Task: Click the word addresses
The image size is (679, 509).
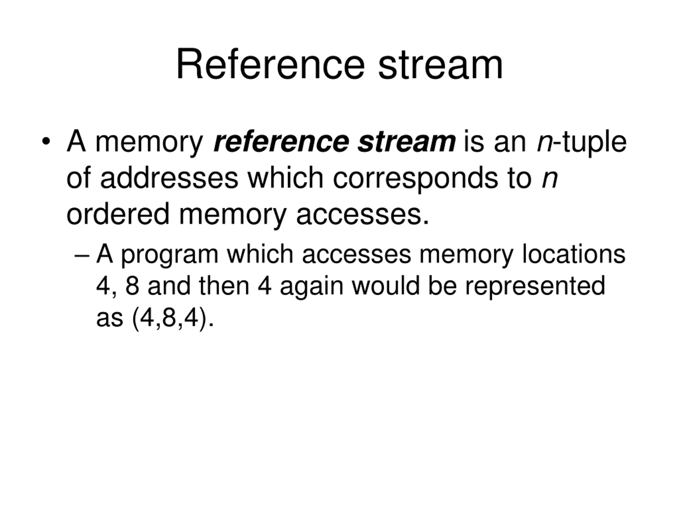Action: [169, 178]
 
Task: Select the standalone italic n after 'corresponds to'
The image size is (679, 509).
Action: [550, 181]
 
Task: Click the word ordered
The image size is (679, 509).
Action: [118, 214]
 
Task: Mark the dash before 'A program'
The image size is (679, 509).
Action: [82, 255]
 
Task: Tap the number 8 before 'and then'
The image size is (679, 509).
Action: [132, 286]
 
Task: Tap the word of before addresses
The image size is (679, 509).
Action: [79, 178]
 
